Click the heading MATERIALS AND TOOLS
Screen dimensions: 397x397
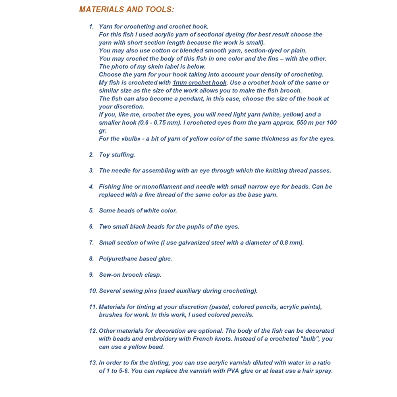[126, 10]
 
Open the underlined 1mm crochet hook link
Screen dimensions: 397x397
[199, 83]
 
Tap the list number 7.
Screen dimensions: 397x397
[91, 243]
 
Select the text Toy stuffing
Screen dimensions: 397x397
[117, 155]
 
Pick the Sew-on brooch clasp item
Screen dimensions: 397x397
[130, 275]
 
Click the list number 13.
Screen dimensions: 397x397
[93, 363]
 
